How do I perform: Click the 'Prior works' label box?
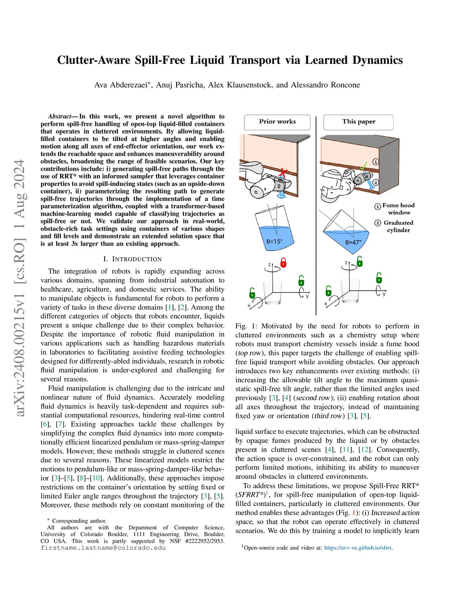tap(277, 122)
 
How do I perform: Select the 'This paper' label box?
tap(358, 122)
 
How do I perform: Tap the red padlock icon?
tap(283, 262)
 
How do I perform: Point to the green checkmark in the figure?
tap(364, 166)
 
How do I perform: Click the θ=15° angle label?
tap(274, 242)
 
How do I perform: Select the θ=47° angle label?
tap(353, 242)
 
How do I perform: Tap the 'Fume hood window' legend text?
tap(398, 209)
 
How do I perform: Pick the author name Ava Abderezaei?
tap(121, 85)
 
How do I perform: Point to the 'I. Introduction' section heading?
tap(132, 259)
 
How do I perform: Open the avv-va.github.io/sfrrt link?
tap(358, 548)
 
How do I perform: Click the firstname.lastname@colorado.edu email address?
tap(103, 548)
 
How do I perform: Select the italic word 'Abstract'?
tap(59, 116)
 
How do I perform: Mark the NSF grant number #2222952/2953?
tap(204, 541)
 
